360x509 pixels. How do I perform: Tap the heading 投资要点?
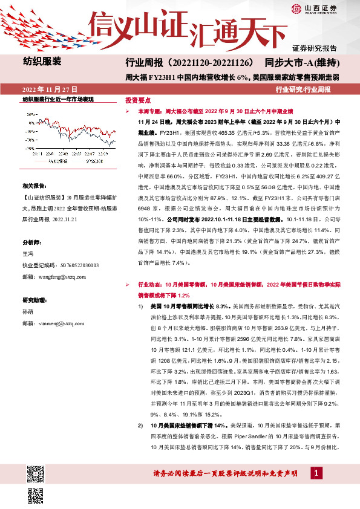click(137, 100)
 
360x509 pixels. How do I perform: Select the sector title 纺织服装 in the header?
click(42, 61)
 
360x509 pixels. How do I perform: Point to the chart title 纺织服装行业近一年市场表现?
click(58, 99)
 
